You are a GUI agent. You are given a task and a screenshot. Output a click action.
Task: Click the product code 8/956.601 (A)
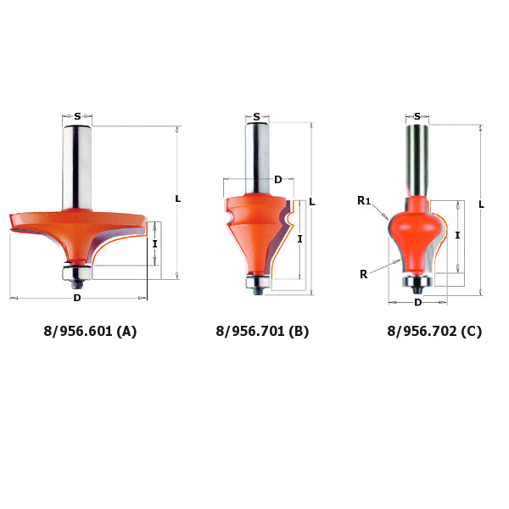90,331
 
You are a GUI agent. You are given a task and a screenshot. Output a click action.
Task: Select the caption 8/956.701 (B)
262,331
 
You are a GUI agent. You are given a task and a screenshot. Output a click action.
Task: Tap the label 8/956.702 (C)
434,331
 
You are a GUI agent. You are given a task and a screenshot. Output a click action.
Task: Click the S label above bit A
77,117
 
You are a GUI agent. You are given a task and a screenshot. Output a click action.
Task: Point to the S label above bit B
256,117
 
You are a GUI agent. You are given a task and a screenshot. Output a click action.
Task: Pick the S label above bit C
417,117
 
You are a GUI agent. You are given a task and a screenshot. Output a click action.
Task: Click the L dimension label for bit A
177,199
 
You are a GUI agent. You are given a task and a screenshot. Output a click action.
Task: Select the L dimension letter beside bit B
312,202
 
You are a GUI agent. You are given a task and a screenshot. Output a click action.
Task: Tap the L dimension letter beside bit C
481,204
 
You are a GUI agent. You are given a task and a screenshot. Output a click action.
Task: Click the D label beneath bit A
77,298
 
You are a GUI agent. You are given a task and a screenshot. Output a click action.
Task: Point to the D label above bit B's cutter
277,180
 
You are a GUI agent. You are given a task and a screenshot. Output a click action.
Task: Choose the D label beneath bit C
417,302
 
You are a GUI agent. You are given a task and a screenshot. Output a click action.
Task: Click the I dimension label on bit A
154,243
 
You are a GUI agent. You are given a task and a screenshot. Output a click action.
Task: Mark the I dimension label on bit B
300,239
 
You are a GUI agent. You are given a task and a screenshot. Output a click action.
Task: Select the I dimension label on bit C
458,235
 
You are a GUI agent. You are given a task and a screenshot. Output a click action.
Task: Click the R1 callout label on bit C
363,201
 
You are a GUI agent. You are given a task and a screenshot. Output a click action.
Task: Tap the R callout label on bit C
363,274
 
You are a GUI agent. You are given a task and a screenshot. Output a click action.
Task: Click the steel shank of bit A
77,165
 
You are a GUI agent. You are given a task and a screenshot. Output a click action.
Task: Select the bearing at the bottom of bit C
417,280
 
